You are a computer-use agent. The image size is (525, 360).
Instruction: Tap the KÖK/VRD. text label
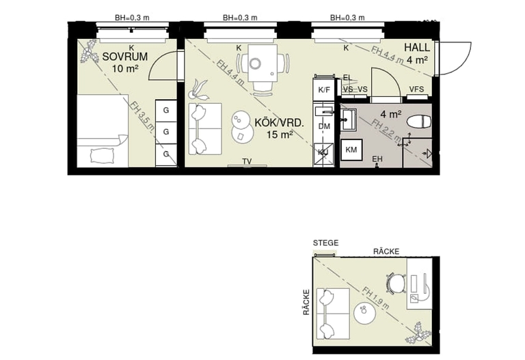278,122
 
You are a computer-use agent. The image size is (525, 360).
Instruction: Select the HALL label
416,47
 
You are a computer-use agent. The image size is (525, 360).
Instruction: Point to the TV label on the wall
247,161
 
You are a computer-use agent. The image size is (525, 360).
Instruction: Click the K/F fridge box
324,89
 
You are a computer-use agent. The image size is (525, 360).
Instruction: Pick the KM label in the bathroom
351,150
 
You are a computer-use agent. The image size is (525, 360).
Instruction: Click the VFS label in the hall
416,89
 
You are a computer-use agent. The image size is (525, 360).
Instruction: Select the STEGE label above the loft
325,243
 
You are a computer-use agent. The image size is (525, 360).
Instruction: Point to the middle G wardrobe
165,132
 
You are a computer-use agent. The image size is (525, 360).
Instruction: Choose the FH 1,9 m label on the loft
377,296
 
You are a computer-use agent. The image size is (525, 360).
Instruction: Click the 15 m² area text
280,135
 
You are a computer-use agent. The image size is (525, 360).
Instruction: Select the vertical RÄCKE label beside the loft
306,301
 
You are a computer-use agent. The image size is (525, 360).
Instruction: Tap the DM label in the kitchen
324,126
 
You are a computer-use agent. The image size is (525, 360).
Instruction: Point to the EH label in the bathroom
377,159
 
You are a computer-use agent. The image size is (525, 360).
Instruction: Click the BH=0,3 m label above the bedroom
132,18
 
